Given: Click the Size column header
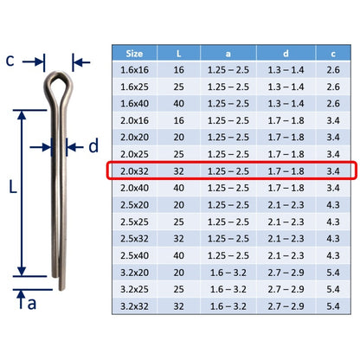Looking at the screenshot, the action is coord(134,54).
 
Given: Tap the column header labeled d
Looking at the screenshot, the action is coord(286,54).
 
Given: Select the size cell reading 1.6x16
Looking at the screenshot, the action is coord(134,70).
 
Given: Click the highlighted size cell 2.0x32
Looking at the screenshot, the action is coord(134,171).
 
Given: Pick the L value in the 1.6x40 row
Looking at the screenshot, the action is coord(179,104).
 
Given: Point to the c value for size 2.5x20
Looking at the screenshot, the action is coord(333,205).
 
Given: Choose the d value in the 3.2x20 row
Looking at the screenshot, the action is coord(286,273).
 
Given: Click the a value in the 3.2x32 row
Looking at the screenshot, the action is coord(228,306).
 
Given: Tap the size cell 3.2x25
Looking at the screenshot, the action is coord(134,289).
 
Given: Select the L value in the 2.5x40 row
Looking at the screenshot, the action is coord(179,255).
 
